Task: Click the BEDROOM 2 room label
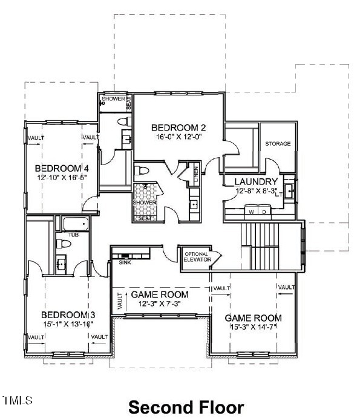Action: click(179, 128)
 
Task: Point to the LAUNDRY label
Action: click(256, 181)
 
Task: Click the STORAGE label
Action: click(278, 144)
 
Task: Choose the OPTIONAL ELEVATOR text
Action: click(197, 256)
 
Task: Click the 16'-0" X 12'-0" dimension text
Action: click(179, 137)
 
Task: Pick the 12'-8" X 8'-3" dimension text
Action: click(255, 190)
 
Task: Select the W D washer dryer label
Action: click(255, 212)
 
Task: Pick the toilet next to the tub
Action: click(59, 244)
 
